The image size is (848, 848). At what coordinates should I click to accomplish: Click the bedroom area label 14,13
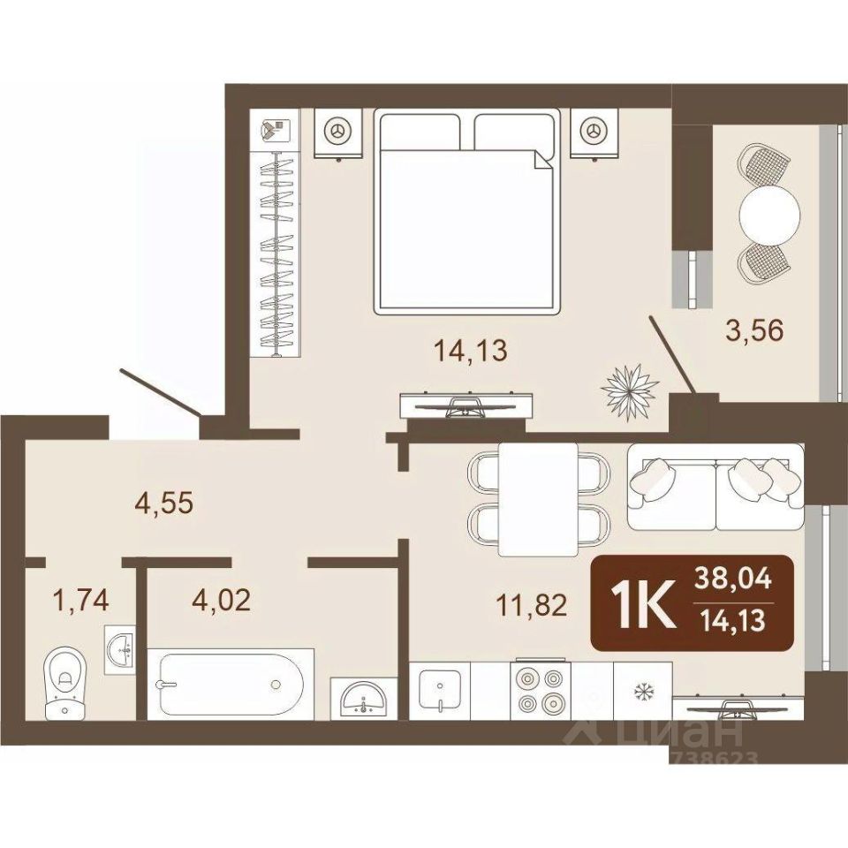click(471, 351)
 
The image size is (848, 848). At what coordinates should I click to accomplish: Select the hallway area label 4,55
click(163, 503)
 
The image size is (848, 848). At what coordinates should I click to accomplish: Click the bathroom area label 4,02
click(222, 600)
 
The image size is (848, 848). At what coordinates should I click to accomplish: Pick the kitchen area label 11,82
click(532, 605)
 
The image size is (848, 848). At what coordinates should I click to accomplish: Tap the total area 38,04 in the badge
click(733, 582)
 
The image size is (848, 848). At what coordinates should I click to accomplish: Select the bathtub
click(231, 684)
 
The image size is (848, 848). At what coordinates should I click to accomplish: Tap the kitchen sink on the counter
click(440, 691)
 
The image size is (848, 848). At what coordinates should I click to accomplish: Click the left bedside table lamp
click(338, 131)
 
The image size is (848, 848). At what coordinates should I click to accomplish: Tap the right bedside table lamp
click(594, 131)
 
